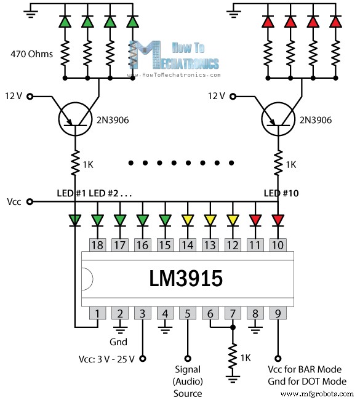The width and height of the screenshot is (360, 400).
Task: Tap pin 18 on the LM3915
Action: tap(97, 245)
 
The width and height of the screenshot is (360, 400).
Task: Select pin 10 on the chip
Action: tap(278, 245)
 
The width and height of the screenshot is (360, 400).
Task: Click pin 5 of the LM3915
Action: tap(188, 313)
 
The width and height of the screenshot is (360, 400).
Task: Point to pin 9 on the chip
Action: tap(278, 313)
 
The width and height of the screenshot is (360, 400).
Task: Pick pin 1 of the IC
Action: tap(97, 313)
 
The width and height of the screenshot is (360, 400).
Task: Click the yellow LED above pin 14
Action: tap(188, 219)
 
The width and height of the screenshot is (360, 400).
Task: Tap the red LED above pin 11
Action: tap(255, 219)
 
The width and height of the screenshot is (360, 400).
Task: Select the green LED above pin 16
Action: tap(142, 219)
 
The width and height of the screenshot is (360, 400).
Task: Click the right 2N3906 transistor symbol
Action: tap(284, 119)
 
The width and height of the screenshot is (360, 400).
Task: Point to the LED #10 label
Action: tap(281, 193)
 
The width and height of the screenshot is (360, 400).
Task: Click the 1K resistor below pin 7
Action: tap(233, 357)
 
